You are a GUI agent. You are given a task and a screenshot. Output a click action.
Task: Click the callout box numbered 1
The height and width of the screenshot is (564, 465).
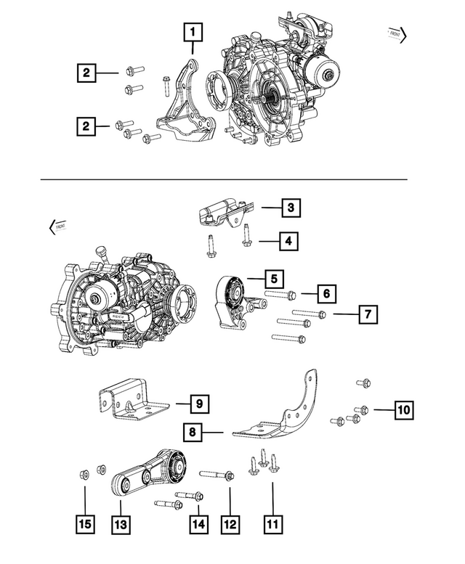[192, 33]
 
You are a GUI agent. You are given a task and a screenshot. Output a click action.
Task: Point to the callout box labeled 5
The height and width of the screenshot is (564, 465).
[273, 278]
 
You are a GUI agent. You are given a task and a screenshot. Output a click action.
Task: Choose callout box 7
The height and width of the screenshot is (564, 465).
[368, 314]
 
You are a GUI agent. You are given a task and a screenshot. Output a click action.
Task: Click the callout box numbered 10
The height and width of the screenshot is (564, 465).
[403, 410]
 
